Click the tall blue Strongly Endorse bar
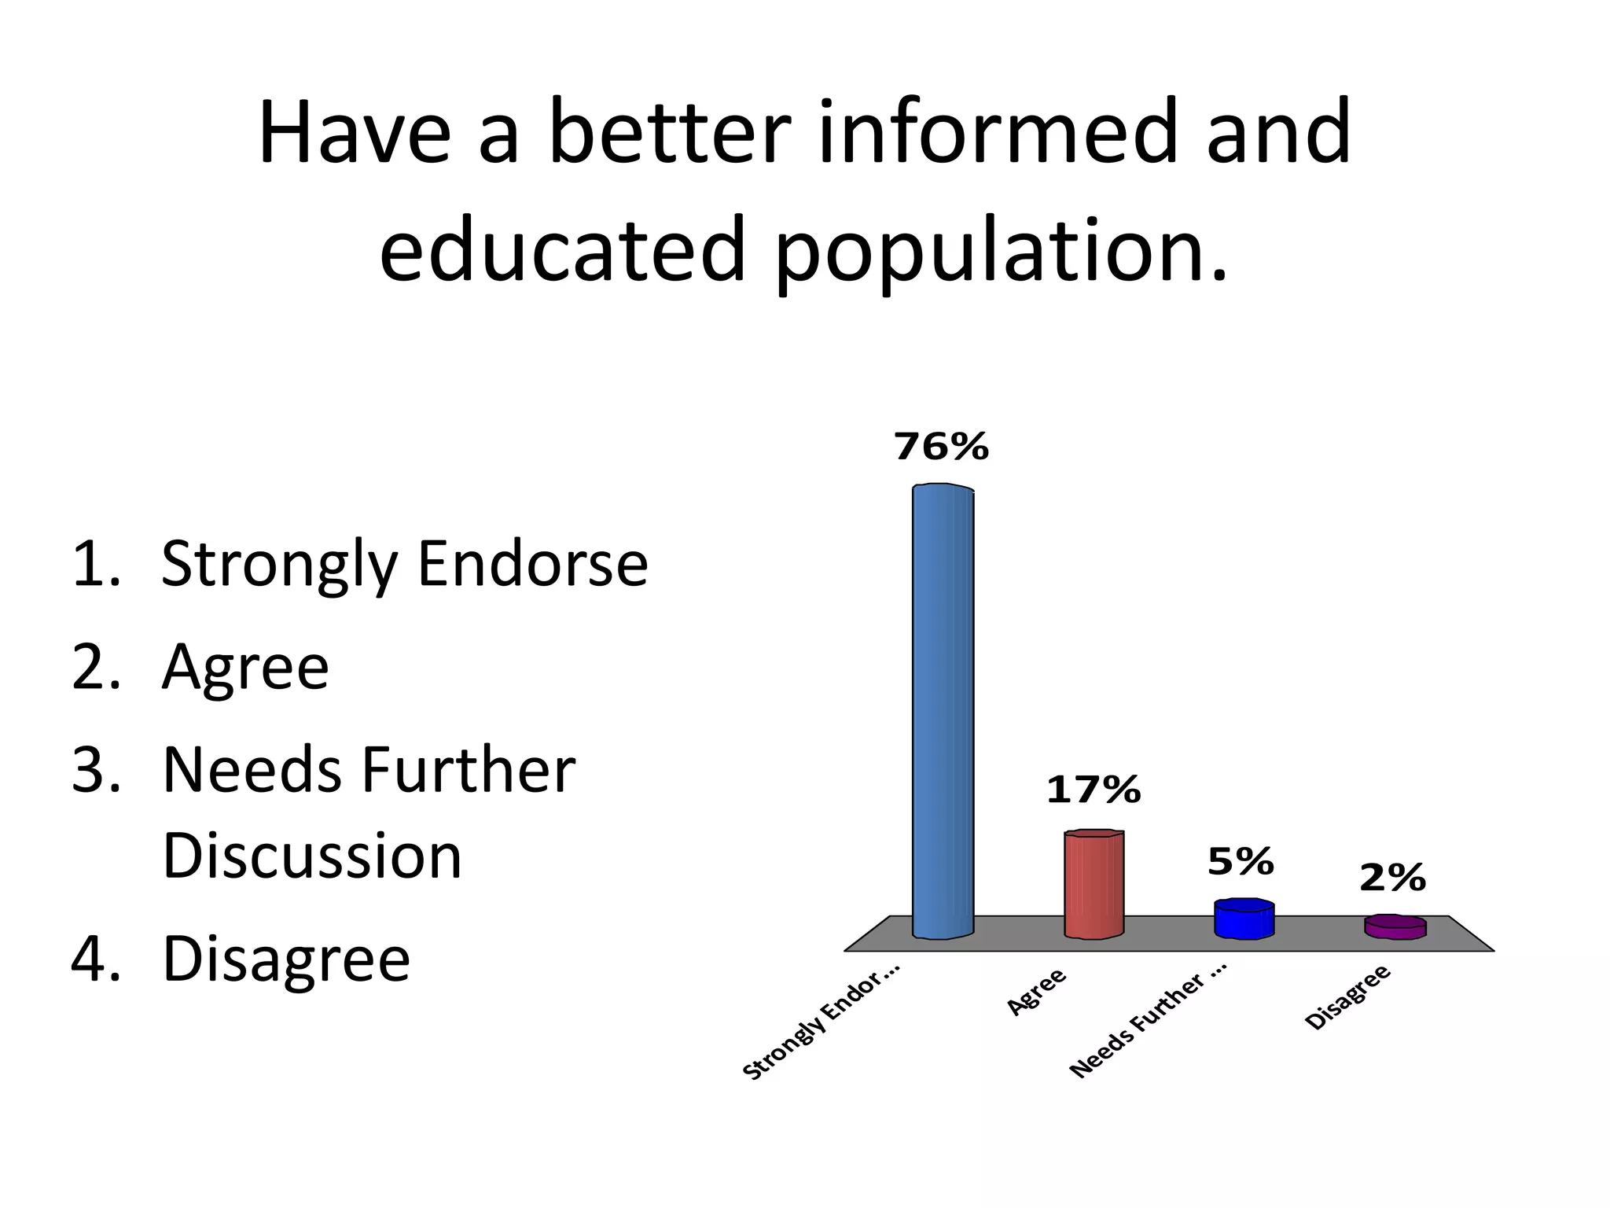click(943, 712)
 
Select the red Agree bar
click(1094, 884)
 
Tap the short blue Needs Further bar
click(1244, 919)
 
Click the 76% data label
click(941, 447)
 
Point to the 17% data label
click(1093, 789)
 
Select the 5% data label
click(1241, 862)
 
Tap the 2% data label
click(1392, 877)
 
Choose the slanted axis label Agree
click(1037, 992)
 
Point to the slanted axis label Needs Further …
click(1148, 1025)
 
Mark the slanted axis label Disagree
click(1347, 996)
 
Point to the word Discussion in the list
click(312, 855)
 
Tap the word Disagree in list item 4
click(286, 959)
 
